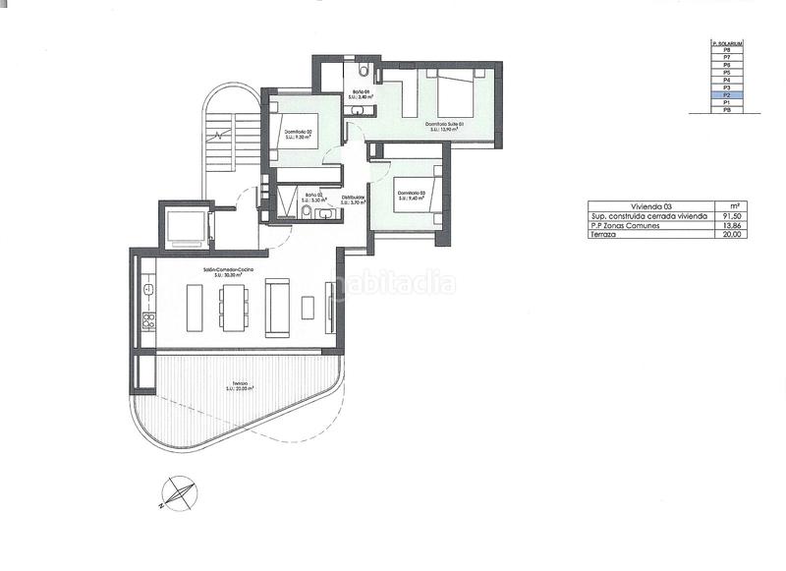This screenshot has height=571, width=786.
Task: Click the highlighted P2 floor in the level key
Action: point(726,95)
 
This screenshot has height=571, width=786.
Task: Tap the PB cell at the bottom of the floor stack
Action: point(726,110)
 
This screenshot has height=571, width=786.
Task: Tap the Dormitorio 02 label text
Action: point(298,135)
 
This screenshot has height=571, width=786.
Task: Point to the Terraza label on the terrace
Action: point(240,385)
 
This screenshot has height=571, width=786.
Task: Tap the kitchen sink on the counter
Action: point(149,290)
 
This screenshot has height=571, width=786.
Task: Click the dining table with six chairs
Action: point(234,308)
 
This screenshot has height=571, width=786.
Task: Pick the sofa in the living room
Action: point(278,307)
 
